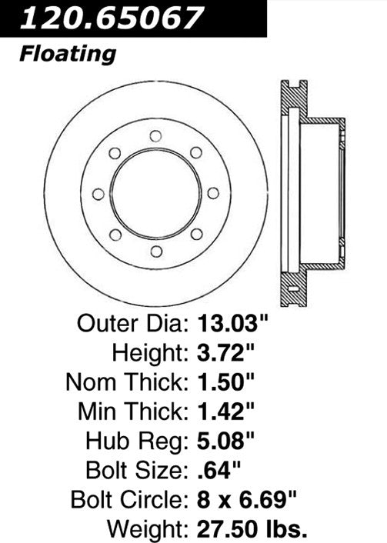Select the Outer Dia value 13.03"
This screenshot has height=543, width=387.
point(235,322)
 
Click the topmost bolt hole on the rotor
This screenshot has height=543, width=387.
point(156,136)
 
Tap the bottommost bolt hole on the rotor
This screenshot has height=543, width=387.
point(156,251)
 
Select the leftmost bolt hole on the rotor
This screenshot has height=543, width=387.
point(98,194)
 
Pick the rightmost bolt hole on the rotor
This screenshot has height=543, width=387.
point(214,194)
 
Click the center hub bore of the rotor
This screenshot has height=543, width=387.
point(156,194)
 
